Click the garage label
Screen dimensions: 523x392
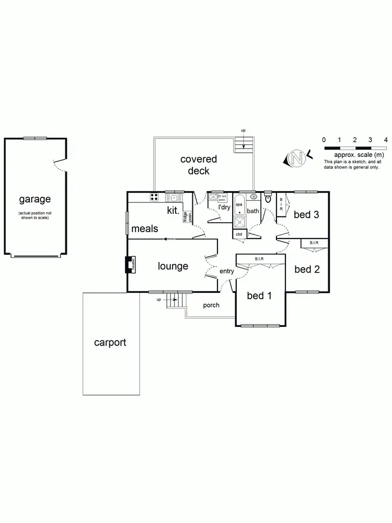(x=35, y=199)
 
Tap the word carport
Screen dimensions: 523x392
(x=110, y=343)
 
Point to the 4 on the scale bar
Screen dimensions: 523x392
(x=385, y=140)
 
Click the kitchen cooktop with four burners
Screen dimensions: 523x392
(x=155, y=197)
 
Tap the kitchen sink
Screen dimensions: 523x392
(x=173, y=198)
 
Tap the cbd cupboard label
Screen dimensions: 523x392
(x=239, y=234)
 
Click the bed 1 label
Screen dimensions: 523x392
(x=259, y=296)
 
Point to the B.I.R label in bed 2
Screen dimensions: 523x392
(x=314, y=243)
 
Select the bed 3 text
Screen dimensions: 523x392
(x=306, y=214)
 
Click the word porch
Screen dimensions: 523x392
(x=211, y=305)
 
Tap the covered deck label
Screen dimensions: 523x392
(x=198, y=165)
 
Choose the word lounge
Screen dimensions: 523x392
(x=173, y=266)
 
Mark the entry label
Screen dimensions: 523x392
(x=227, y=271)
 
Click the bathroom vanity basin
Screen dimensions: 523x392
(x=253, y=197)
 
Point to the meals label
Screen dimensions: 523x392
(x=145, y=229)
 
